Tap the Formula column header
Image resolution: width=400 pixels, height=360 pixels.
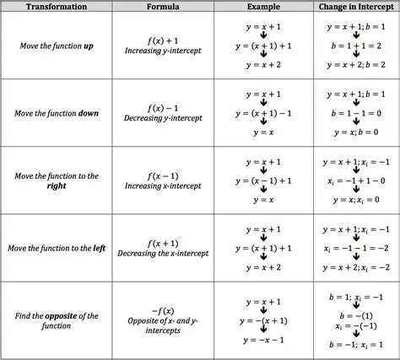pos(162,8)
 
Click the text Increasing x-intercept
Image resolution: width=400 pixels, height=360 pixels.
pos(162,186)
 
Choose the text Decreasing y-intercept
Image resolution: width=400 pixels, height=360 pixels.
pos(162,119)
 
